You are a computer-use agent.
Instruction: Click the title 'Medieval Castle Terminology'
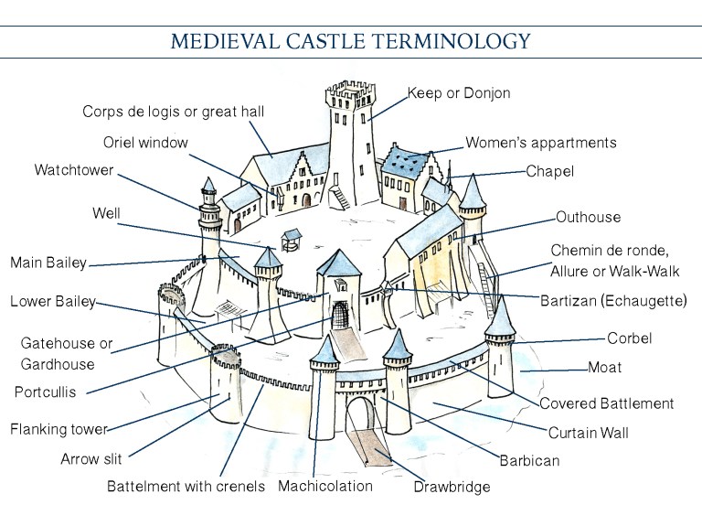350,41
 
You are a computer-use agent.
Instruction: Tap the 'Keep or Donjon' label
458,93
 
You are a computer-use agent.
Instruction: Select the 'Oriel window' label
145,142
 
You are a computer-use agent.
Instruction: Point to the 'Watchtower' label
76,170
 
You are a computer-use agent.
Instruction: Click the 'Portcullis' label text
45,392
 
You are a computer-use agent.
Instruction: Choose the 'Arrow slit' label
91,459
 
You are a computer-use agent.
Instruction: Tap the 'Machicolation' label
325,486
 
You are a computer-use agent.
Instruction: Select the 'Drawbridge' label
452,487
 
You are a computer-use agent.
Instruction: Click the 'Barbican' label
529,460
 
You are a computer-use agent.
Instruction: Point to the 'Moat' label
605,368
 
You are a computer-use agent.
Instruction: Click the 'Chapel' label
550,170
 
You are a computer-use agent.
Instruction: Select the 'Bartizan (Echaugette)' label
613,300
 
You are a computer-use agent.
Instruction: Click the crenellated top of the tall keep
349,91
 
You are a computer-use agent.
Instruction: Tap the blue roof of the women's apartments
405,166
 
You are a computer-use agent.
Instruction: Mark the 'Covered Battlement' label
606,403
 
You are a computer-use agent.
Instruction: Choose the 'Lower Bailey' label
52,302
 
